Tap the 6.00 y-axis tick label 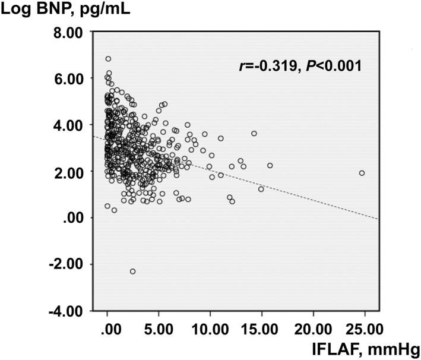click(x=67, y=78)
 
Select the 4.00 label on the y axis click(x=67, y=125)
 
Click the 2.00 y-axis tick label click(x=67, y=171)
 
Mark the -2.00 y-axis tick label click(x=64, y=264)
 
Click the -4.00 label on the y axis click(x=64, y=311)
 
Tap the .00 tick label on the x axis click(x=107, y=328)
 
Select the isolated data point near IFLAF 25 click(x=362, y=173)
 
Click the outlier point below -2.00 click(x=132, y=271)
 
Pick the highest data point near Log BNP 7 click(x=108, y=59)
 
